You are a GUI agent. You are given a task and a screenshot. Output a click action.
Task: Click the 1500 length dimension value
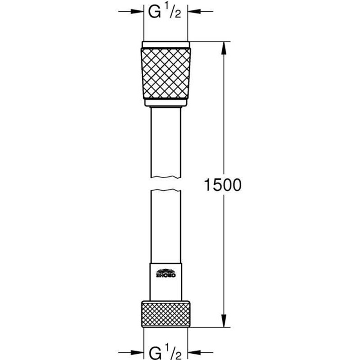(224, 184)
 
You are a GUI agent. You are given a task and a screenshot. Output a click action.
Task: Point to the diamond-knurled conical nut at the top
(166, 74)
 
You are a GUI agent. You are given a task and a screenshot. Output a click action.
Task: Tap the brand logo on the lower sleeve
(166, 273)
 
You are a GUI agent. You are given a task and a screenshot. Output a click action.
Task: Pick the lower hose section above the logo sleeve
(166, 225)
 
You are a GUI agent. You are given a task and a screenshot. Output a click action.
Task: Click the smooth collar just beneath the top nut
(166, 104)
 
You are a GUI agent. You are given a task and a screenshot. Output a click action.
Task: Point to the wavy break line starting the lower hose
(166, 191)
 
